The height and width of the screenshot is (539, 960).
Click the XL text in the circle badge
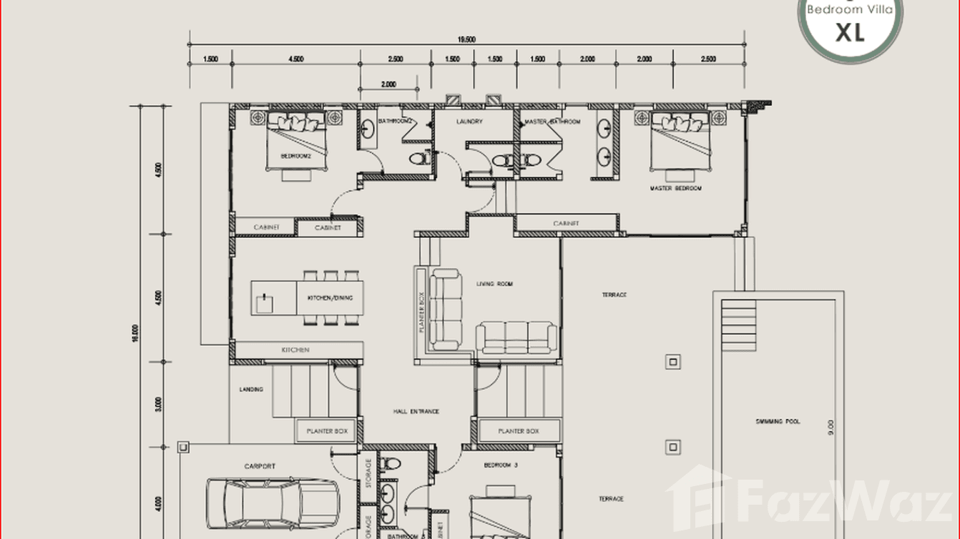tap(850, 31)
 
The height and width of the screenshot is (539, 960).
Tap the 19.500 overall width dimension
tap(466, 40)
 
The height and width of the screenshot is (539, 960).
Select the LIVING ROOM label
tap(495, 285)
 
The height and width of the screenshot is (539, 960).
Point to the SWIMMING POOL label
tap(778, 422)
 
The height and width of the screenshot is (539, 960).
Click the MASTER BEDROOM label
tap(675, 189)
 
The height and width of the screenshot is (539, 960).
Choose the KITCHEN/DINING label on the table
tap(330, 298)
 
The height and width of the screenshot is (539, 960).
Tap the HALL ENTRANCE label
tap(416, 412)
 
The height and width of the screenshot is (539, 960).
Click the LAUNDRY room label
tap(469, 122)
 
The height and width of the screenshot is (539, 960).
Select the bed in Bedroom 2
tap(296, 139)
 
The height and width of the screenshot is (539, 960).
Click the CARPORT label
tap(259, 467)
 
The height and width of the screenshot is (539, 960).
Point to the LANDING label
tap(251, 390)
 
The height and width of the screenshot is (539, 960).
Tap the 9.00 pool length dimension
tap(831, 427)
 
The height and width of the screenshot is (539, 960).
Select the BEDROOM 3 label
tap(501, 465)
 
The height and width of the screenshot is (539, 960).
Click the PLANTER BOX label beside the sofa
tap(421, 312)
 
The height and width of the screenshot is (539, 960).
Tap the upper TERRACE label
tap(613, 295)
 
